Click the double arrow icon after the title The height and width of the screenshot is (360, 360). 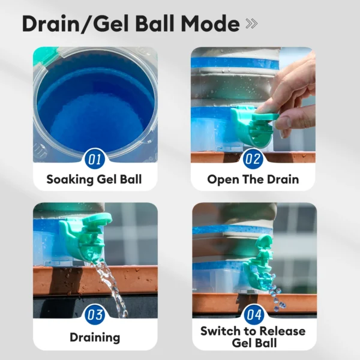251,23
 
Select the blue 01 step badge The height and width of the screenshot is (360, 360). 94,159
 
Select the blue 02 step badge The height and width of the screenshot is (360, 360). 253,159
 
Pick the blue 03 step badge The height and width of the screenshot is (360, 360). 94,314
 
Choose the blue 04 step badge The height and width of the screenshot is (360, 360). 254,314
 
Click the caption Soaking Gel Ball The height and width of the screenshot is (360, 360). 94,179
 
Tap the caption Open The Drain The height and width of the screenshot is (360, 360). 253,179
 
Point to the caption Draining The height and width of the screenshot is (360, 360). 95,337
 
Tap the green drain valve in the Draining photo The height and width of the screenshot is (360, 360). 86,236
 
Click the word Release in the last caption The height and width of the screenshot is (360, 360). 283,331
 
